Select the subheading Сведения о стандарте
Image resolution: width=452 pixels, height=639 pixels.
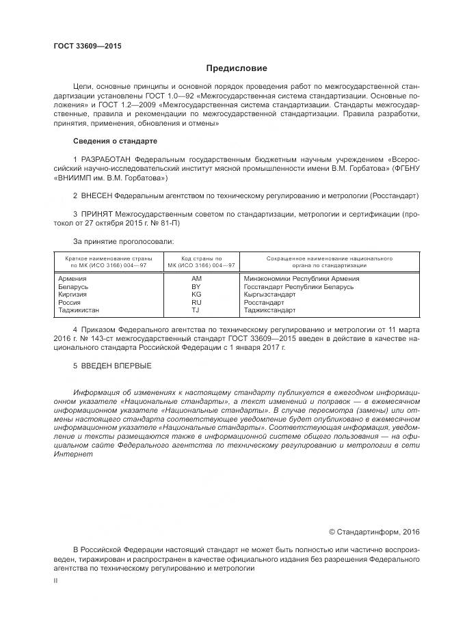point(115,141)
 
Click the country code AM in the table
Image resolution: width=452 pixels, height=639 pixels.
point(197,279)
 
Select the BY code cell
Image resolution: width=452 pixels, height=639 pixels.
point(197,286)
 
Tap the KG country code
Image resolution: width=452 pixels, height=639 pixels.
point(197,295)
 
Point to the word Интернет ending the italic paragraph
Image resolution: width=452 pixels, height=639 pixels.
point(69,454)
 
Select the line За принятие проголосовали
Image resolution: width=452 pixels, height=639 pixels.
point(123,241)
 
